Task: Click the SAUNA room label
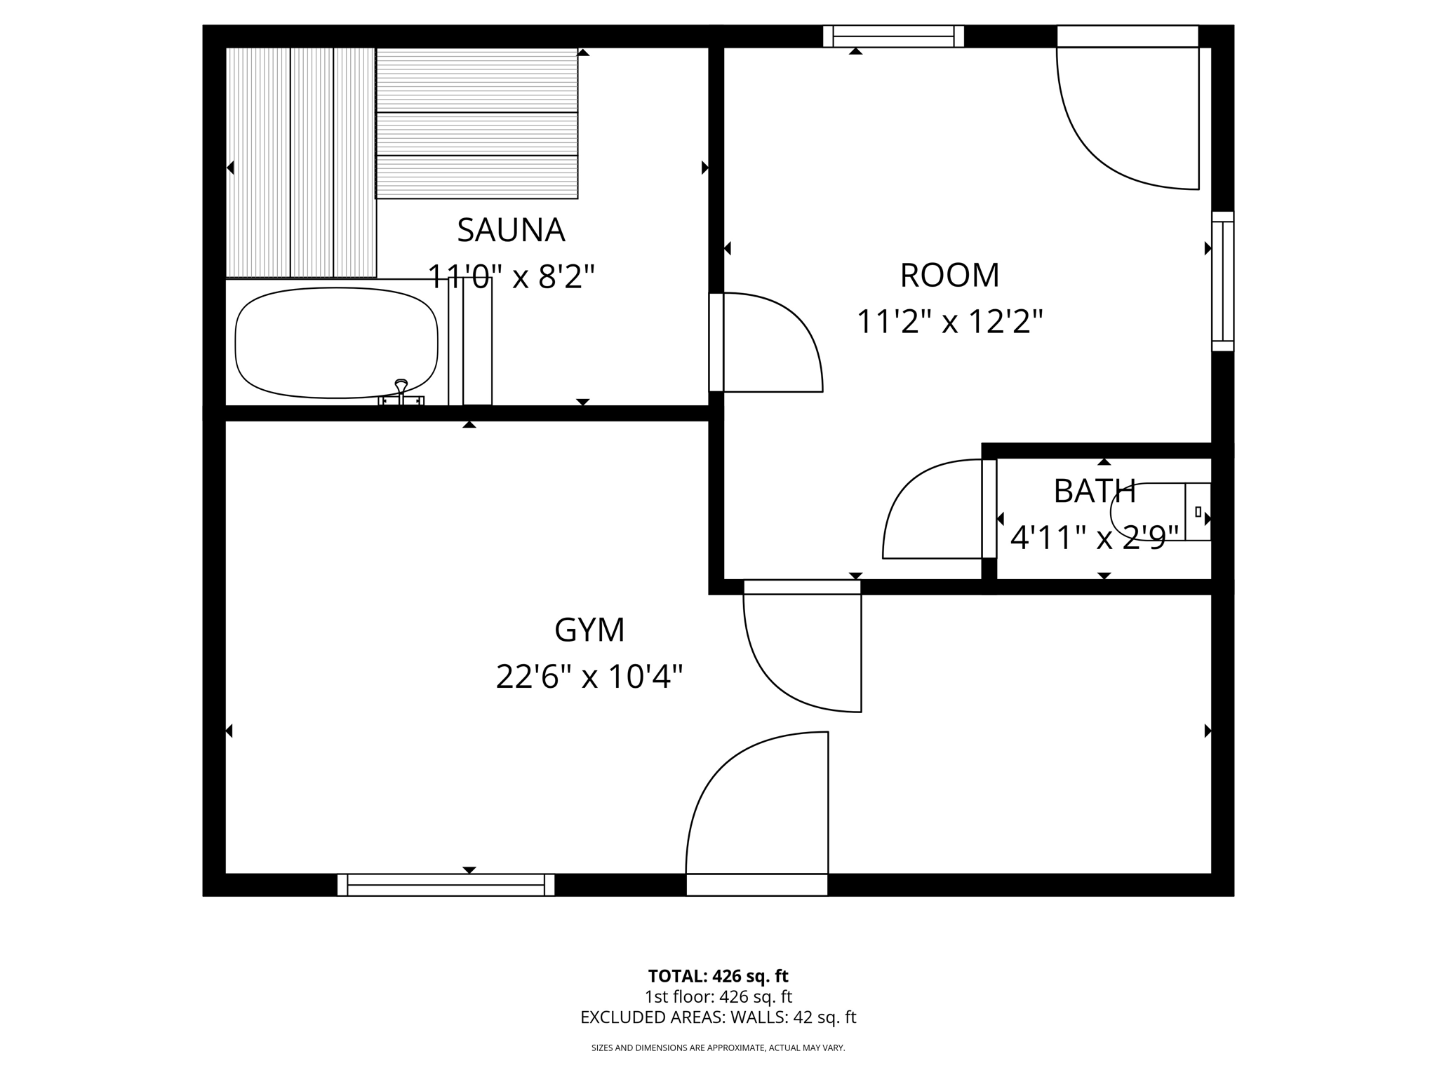point(511,230)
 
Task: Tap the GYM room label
point(589,630)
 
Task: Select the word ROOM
point(949,275)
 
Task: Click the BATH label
point(1095,492)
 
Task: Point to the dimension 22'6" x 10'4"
point(589,677)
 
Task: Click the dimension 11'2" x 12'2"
point(949,322)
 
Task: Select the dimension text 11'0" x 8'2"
point(511,277)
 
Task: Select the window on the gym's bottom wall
point(446,885)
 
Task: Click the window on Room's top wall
point(893,36)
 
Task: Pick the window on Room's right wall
point(1222,280)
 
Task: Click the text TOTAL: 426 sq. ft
point(718,976)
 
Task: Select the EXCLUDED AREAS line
point(718,1017)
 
